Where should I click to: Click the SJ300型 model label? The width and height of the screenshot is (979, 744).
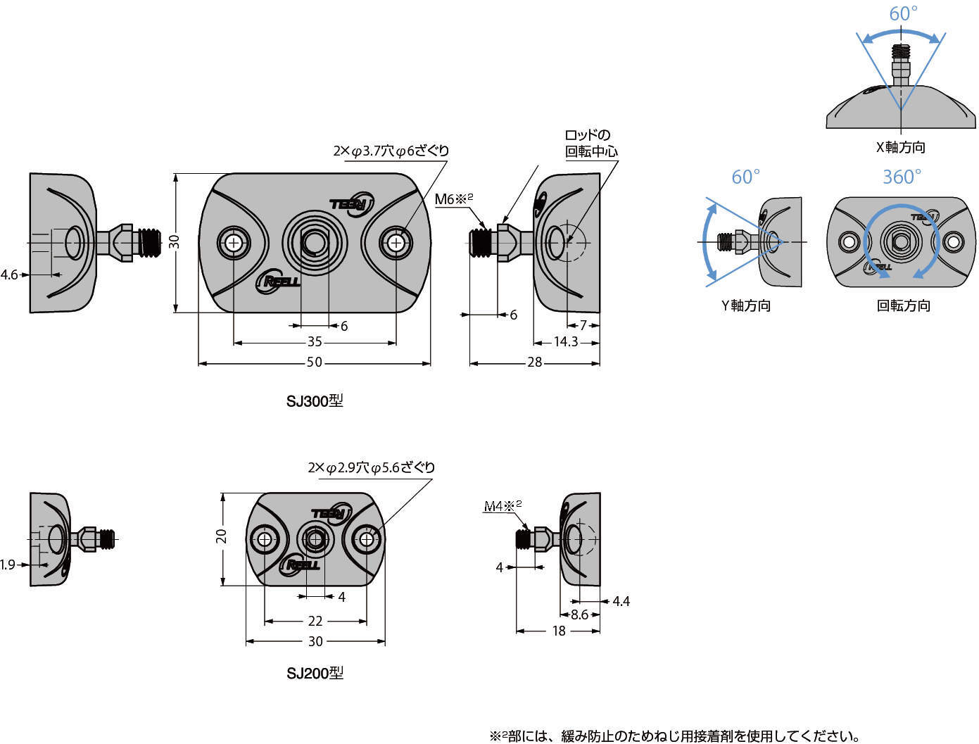click(315, 402)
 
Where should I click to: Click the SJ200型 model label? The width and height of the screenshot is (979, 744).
click(315, 674)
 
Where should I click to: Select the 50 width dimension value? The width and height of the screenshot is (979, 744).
click(315, 362)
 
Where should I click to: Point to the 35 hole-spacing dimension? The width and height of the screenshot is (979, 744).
click(315, 342)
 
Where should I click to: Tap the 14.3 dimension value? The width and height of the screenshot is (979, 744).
click(565, 341)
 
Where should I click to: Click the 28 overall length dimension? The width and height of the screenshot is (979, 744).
click(535, 362)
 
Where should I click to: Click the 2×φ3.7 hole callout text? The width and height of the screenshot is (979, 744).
click(391, 151)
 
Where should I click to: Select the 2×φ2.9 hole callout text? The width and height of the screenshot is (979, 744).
click(372, 467)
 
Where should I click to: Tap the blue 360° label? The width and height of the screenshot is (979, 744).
click(902, 177)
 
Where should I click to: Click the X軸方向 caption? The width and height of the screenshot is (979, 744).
click(900, 147)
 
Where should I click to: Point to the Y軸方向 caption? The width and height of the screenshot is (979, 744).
click(746, 305)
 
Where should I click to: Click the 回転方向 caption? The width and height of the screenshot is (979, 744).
click(903, 305)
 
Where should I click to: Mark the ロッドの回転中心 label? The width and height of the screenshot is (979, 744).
click(591, 143)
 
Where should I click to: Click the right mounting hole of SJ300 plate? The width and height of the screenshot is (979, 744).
click(397, 243)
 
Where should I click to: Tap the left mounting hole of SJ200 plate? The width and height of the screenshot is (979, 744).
click(265, 540)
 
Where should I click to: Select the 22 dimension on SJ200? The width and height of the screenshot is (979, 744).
click(315, 621)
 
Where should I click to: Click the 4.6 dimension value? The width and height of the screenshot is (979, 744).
click(9, 275)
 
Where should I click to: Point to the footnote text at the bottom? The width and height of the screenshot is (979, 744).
click(674, 736)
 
